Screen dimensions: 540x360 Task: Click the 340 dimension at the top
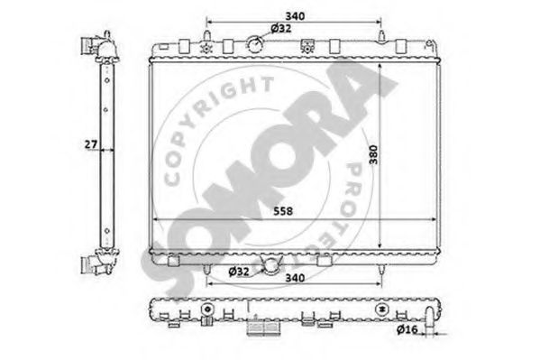click(x=295, y=16)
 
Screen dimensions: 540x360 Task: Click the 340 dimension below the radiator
click(x=295, y=278)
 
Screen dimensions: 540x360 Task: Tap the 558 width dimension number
click(x=283, y=211)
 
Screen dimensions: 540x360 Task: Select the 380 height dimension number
click(x=373, y=155)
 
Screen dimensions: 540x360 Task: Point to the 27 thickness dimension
click(x=91, y=144)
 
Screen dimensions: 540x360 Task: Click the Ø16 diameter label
click(x=407, y=330)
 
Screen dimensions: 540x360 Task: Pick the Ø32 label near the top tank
click(x=281, y=28)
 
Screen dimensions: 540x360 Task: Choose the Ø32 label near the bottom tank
click(x=239, y=272)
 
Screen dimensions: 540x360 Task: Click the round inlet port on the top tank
click(x=255, y=44)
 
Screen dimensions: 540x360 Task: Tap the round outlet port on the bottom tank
click(x=271, y=265)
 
